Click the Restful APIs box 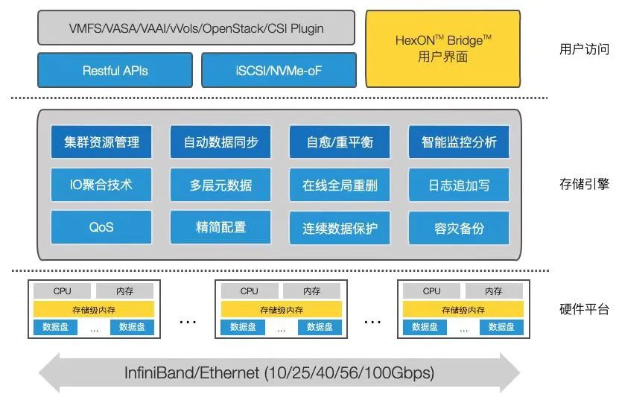(x=115, y=70)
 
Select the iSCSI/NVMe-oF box (x=279, y=70)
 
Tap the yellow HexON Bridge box (x=443, y=48)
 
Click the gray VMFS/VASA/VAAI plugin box (x=196, y=28)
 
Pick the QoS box (x=101, y=227)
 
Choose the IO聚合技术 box (x=101, y=185)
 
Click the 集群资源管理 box (x=101, y=142)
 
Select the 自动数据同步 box (x=220, y=142)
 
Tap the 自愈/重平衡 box (x=340, y=142)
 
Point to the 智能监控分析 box (x=459, y=142)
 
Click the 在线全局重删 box (x=340, y=185)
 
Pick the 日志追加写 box (x=459, y=185)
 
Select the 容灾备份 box (x=459, y=228)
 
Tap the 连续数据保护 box (x=340, y=228)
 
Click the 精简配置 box (x=220, y=227)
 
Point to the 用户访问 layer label (x=584, y=49)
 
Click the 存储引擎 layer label (x=584, y=184)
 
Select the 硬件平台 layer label (x=584, y=309)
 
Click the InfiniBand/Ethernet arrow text (x=279, y=372)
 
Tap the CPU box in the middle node (x=249, y=291)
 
